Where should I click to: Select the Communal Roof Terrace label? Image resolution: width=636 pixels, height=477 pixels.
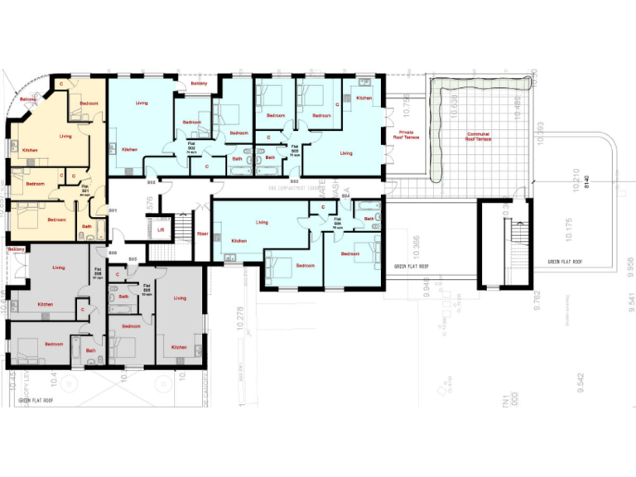(478, 137)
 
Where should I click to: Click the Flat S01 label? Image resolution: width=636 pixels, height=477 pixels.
(85, 187)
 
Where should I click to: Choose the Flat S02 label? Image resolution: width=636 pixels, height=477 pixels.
(191, 147)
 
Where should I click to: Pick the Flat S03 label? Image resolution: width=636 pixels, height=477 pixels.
(295, 147)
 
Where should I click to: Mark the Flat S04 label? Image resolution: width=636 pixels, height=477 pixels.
(338, 221)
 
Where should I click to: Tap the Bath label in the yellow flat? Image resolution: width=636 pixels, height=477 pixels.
(87, 226)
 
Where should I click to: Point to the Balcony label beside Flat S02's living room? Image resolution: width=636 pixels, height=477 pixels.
(199, 84)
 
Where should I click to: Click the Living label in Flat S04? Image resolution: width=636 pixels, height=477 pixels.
(262, 223)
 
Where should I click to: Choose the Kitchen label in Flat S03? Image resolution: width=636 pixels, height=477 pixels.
(364, 98)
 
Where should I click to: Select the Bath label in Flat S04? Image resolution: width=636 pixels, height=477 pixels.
(369, 219)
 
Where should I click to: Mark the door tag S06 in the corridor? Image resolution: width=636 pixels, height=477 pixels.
(112, 252)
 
